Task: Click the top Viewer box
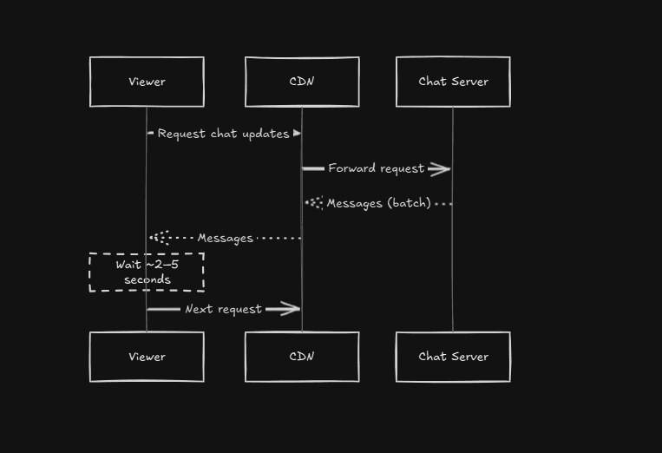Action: (147, 82)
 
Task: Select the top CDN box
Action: (302, 82)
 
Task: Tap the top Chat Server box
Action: (453, 82)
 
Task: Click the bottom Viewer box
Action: (147, 357)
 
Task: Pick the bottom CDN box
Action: (302, 357)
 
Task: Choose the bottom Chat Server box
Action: (453, 357)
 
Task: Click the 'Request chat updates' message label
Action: (224, 134)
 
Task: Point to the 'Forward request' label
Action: (376, 168)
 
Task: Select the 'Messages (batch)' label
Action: (378, 203)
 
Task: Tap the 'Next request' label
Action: (223, 309)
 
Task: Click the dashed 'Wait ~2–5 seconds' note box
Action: (147, 272)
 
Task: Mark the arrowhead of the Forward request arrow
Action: (441, 168)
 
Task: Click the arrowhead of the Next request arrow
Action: (289, 309)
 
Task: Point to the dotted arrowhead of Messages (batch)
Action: (313, 203)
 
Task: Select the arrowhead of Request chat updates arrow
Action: (297, 134)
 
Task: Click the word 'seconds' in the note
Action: (147, 279)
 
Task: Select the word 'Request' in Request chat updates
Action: (182, 134)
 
